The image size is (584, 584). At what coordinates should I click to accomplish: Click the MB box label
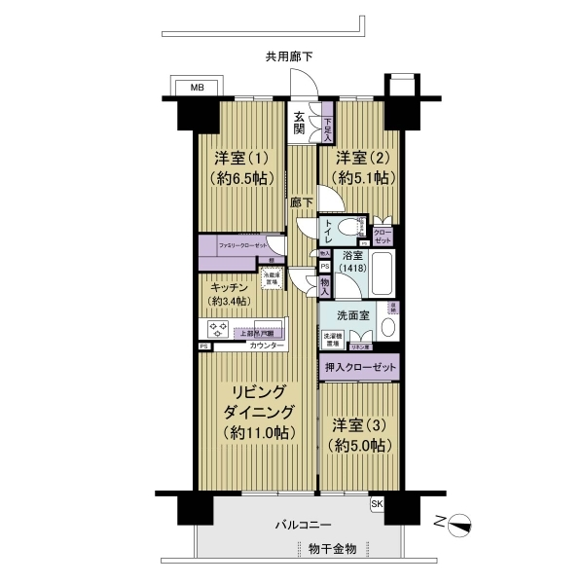coord(196,88)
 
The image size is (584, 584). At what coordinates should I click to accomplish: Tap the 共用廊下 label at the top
coord(295,56)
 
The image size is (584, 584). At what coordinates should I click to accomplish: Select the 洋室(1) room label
coord(237,156)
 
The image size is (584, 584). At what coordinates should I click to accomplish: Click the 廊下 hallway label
coord(302,202)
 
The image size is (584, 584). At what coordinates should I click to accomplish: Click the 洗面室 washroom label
coord(352,315)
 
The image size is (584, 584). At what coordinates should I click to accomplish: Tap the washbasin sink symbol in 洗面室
coord(388,327)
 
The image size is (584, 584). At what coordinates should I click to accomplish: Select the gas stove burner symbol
coord(216,330)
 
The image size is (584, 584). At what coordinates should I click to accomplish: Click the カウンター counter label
coord(267,347)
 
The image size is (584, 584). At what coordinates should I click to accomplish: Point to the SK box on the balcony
coord(378,503)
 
